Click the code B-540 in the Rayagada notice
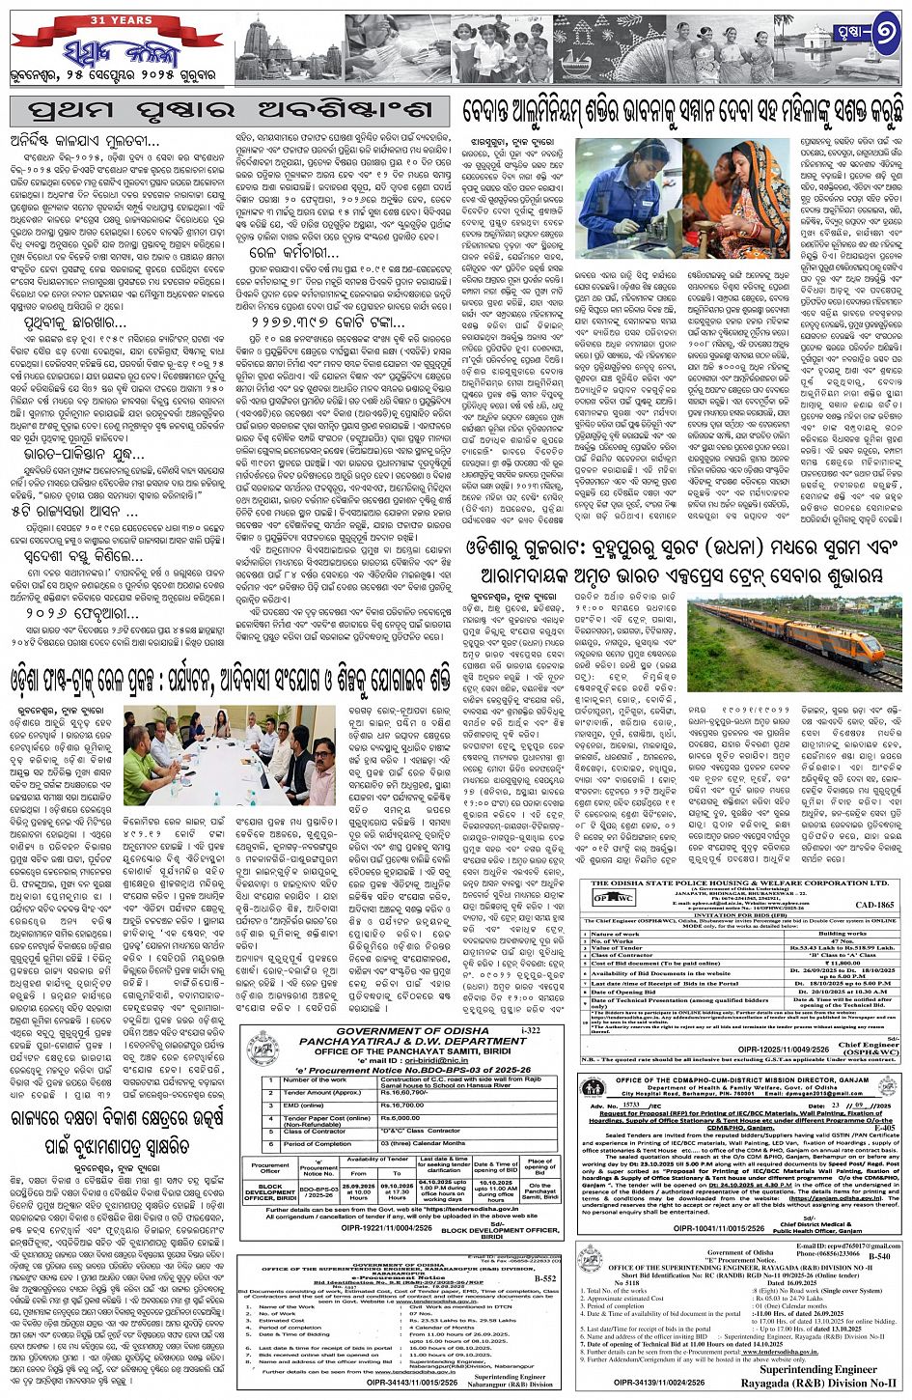tap(878, 1256)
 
